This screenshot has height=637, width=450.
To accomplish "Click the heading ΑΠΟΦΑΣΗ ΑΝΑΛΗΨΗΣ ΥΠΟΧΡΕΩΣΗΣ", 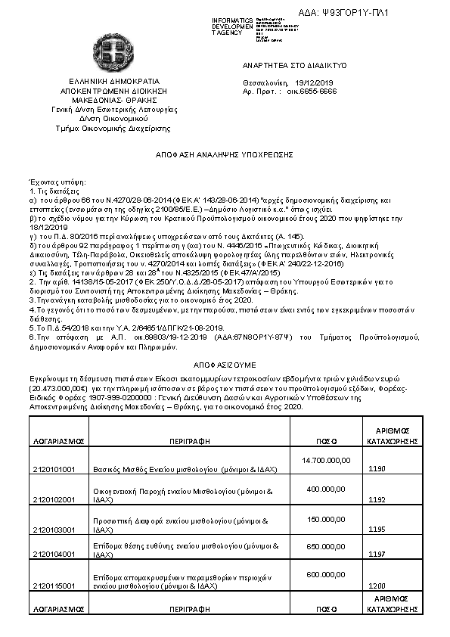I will (x=225, y=154).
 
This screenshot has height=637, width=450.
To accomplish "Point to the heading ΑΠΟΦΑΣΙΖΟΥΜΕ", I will (x=225, y=362).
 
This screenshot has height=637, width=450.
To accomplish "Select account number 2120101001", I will (x=54, y=469).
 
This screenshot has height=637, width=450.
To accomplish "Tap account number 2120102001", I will (x=54, y=500).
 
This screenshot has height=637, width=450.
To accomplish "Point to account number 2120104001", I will (x=54, y=554).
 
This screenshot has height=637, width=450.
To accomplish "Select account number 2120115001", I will (x=54, y=586).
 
